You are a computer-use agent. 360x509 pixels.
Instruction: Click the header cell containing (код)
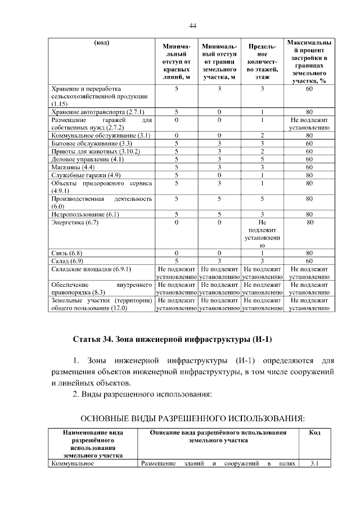pyautogui.click(x=101, y=43)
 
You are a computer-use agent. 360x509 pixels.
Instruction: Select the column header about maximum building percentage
pyautogui.click(x=308, y=61)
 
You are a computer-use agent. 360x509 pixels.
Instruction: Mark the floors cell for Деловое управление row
pyautogui.click(x=262, y=159)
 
